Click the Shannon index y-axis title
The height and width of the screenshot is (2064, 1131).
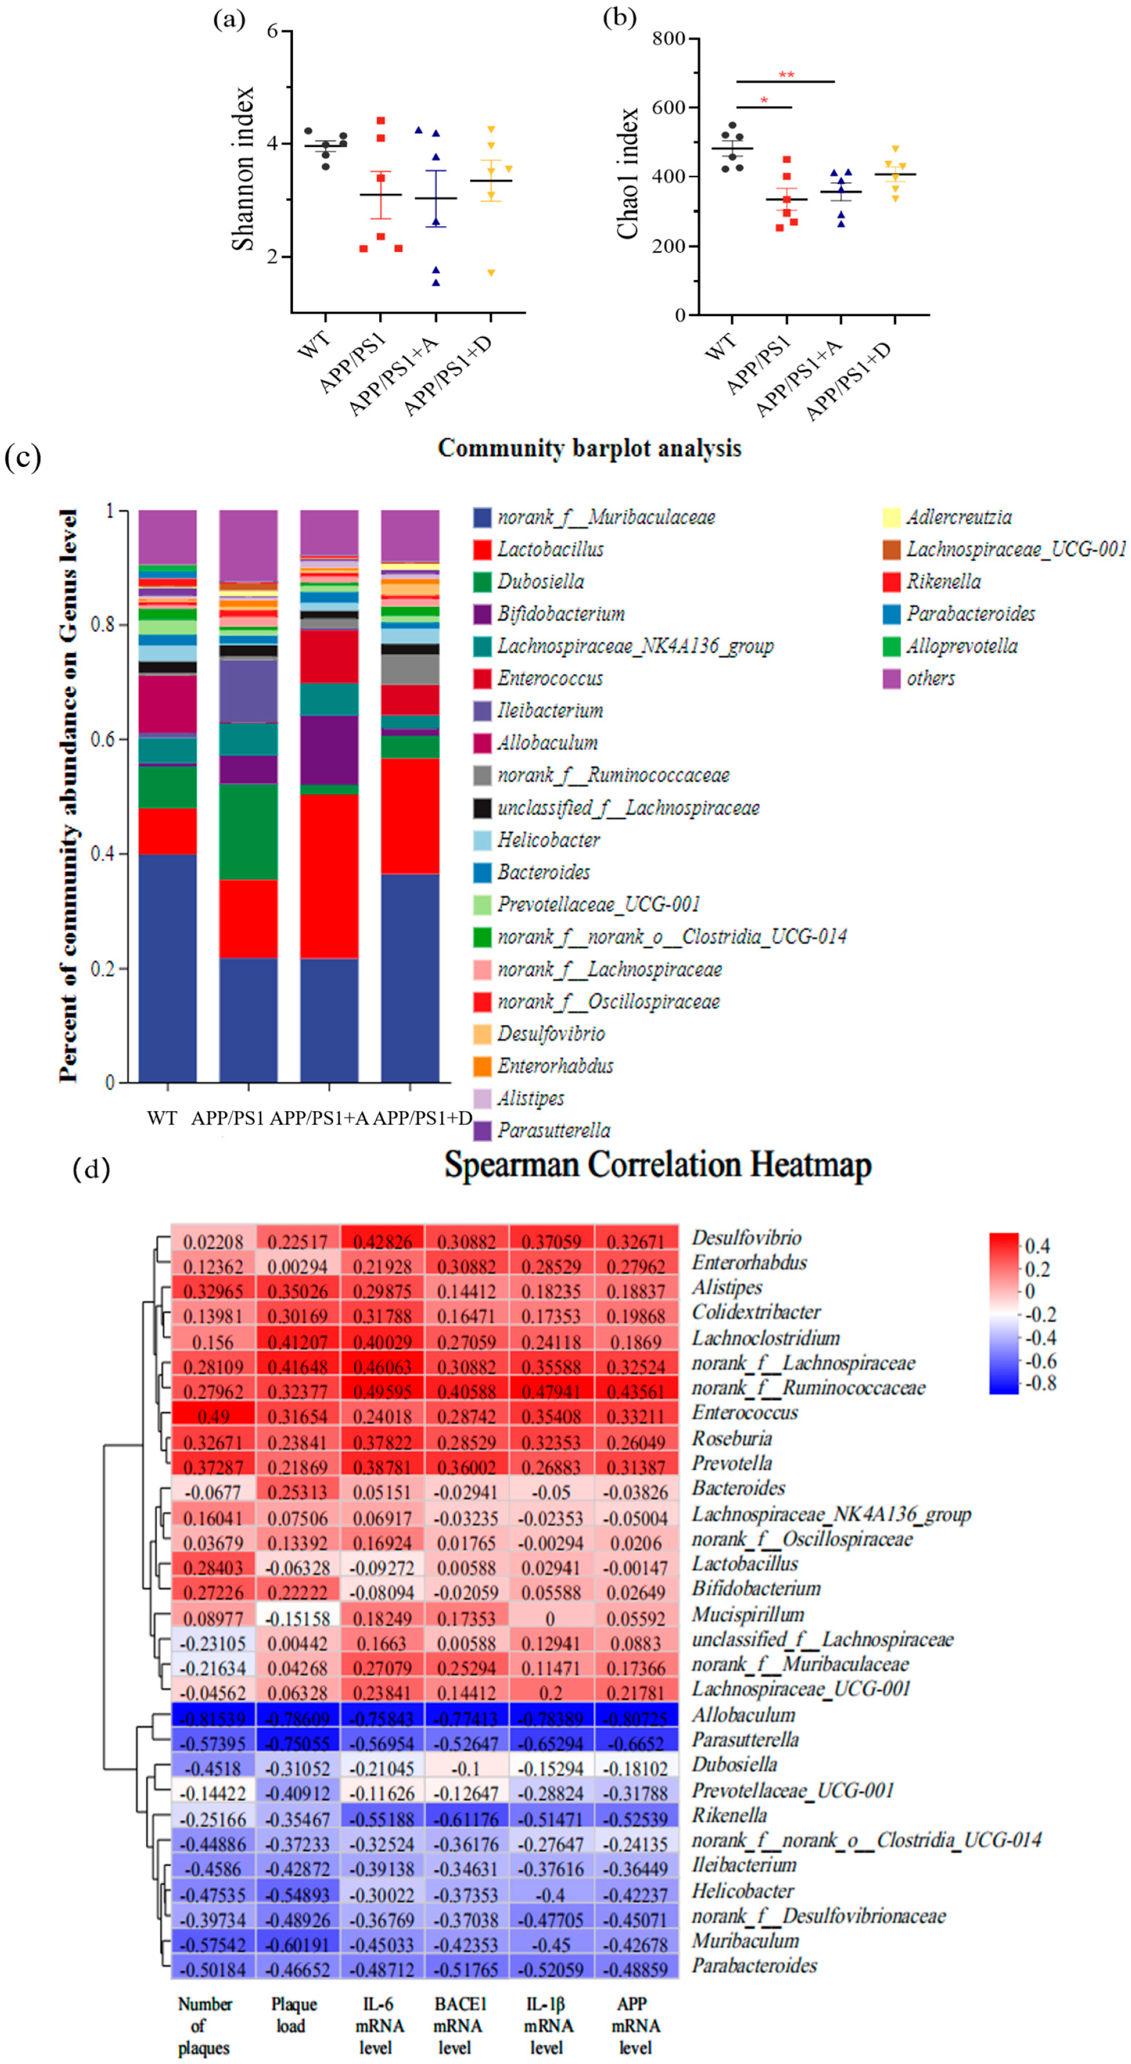tap(243, 169)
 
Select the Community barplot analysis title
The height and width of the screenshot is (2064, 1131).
tap(589, 448)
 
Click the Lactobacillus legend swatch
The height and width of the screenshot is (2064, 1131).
tap(482, 550)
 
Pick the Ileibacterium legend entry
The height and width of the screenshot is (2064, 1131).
tap(549, 711)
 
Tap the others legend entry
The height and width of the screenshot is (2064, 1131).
tap(930, 679)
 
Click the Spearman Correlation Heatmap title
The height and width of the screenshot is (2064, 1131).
tap(657, 1164)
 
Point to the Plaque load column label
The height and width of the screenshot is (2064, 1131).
tap(294, 2014)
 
